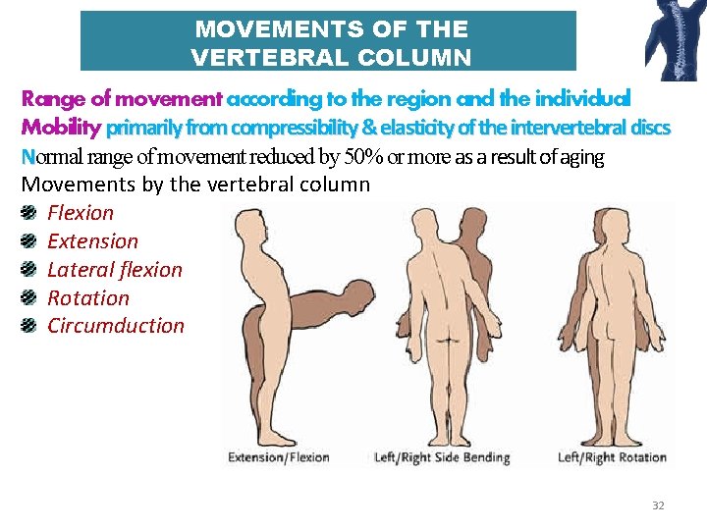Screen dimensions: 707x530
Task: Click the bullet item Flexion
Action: pyautogui.click(x=81, y=212)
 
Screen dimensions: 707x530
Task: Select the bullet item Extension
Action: pyautogui.click(x=92, y=240)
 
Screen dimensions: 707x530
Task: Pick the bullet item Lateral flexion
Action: pyautogui.click(x=114, y=269)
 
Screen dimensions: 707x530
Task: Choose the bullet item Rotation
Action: pyautogui.click(x=87, y=297)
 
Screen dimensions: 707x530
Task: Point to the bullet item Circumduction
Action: pyautogui.click(x=115, y=325)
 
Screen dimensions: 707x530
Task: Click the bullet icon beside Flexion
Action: pyautogui.click(x=31, y=212)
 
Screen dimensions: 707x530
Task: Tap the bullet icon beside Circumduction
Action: pyautogui.click(x=31, y=325)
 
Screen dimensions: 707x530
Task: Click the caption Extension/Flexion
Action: pyautogui.click(x=279, y=457)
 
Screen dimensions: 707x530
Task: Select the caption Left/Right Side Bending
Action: pyautogui.click(x=443, y=457)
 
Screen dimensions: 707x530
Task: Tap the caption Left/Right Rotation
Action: pyautogui.click(x=612, y=457)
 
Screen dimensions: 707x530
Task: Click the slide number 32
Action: pyautogui.click(x=658, y=505)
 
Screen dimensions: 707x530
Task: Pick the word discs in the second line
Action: pyautogui.click(x=649, y=128)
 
